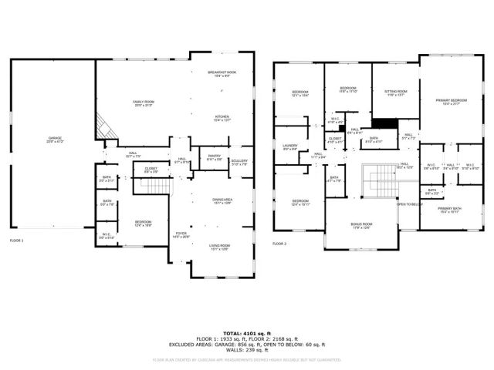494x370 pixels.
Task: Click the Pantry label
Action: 214,158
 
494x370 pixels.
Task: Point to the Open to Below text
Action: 408,204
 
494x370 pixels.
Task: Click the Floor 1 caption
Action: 17,240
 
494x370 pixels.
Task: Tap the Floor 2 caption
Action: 279,244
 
